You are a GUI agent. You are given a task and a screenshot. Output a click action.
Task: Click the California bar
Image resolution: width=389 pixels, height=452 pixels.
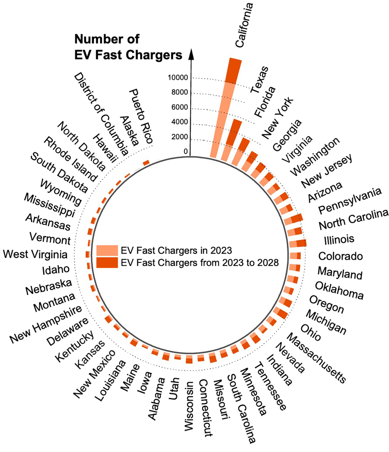[x=226, y=110]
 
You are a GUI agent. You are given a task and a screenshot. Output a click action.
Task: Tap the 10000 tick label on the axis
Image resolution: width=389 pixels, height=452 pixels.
[x=178, y=78]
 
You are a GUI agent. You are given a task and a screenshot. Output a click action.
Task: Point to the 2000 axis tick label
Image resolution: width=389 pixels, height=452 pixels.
[x=180, y=137]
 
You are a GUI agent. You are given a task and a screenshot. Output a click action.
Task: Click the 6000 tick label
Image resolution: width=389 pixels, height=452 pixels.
[x=180, y=107]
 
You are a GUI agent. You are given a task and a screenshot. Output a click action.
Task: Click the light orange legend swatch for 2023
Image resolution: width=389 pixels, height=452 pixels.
[x=107, y=250]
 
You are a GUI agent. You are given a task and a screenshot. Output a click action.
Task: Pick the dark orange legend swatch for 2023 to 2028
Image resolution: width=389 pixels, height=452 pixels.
[x=107, y=262]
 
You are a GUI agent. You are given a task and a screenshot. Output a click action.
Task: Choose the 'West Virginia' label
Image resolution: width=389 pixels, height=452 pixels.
[x=35, y=254]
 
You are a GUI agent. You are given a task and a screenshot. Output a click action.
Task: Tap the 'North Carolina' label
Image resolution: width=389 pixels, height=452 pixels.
[x=353, y=220]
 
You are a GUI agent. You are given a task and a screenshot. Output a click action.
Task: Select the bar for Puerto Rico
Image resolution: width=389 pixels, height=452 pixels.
[x=146, y=162]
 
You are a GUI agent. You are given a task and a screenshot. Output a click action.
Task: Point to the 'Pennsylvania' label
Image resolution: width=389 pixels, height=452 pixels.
[x=349, y=201]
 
